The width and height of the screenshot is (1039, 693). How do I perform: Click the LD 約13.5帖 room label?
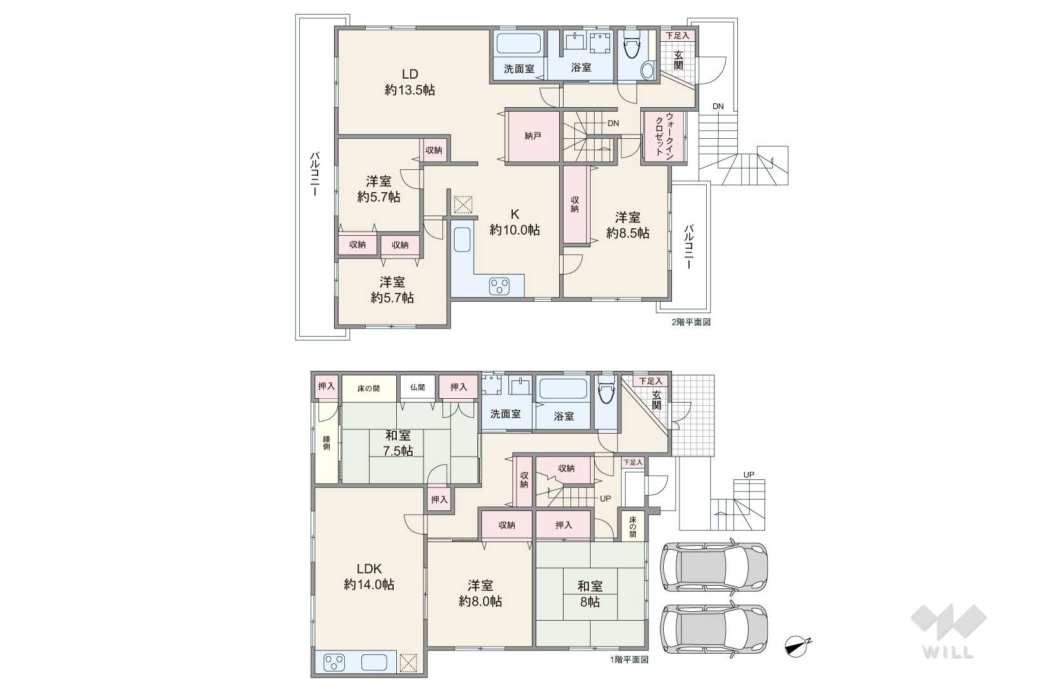(410, 82)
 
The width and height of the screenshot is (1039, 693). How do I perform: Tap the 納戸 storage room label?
(533, 136)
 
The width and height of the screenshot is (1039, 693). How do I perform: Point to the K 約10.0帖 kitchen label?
(514, 222)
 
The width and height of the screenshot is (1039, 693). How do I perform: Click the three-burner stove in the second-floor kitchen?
(500, 286)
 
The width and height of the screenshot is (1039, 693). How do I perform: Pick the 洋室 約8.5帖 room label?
(628, 225)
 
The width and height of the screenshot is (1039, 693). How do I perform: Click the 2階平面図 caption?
(691, 322)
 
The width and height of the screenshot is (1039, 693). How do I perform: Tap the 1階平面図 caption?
(629, 659)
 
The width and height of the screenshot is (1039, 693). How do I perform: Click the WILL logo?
(948, 631)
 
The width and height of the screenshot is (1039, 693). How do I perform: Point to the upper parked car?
(713, 566)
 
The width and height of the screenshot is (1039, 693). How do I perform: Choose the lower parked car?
(713, 630)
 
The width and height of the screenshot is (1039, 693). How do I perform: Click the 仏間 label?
(418, 387)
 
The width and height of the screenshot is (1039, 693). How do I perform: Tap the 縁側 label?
(326, 443)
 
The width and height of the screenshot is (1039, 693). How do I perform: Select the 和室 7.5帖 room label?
(398, 443)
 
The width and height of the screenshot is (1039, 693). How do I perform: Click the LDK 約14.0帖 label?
(369, 576)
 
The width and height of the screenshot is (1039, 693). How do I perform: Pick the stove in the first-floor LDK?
(334, 663)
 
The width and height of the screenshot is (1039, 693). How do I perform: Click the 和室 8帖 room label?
(590, 593)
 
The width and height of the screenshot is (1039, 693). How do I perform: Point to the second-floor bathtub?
(520, 43)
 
